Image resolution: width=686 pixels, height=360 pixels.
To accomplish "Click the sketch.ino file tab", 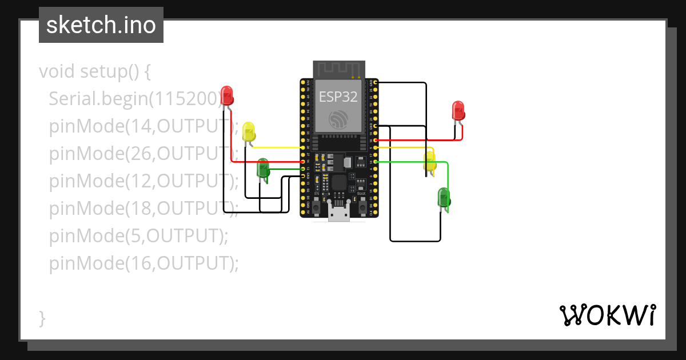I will [x=101, y=26].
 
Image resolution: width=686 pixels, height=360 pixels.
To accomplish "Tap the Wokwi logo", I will [x=607, y=315].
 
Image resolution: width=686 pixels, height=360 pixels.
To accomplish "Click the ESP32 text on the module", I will [x=338, y=97].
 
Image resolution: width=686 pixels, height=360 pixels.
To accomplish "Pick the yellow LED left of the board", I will [x=249, y=132].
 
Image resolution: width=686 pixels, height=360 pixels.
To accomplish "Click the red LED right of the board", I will [x=458, y=110].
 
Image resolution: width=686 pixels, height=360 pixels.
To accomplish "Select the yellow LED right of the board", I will [x=429, y=162].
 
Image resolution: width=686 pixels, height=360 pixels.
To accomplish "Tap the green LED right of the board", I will [x=444, y=198].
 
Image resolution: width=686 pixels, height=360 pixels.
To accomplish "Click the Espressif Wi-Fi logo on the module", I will [x=338, y=119].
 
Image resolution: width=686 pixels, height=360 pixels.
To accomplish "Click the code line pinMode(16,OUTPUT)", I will [x=143, y=263].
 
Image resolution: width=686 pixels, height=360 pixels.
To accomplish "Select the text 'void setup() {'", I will [x=95, y=71].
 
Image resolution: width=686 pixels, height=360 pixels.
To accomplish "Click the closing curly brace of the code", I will [x=42, y=318].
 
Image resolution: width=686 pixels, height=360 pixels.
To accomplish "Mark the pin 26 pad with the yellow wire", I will [x=303, y=147].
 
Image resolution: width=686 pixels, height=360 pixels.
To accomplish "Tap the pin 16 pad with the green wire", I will [x=375, y=162].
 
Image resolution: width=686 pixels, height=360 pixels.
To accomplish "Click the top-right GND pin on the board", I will [x=375, y=83].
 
